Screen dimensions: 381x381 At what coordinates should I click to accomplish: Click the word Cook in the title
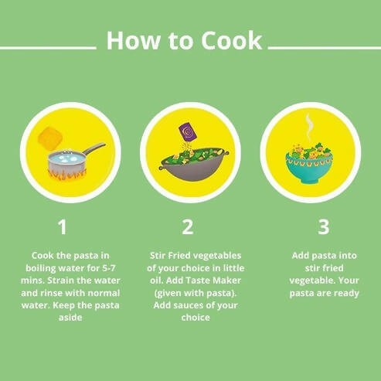point(232,41)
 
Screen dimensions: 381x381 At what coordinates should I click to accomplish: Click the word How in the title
point(134,41)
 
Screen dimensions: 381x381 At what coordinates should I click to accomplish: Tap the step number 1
point(63,227)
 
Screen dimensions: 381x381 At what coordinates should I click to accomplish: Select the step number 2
point(188,227)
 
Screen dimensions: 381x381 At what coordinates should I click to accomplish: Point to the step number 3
point(324,227)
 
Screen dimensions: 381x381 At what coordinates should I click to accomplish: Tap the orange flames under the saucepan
point(67,175)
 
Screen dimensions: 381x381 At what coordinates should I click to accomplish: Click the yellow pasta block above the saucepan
point(50,138)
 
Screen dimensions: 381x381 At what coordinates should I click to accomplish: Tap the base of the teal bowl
point(309,179)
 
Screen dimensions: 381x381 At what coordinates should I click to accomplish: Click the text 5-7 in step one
point(109,268)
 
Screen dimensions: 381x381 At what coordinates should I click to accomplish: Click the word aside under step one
point(70,318)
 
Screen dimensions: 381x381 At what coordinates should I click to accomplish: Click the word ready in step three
point(345,294)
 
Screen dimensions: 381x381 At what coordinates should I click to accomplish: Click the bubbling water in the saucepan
point(66,158)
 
